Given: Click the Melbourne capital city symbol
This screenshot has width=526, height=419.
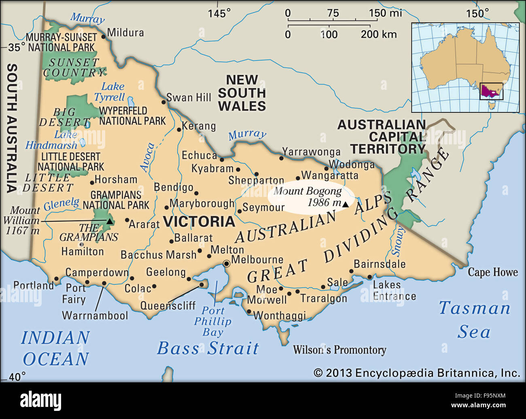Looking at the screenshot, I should tap(227, 264).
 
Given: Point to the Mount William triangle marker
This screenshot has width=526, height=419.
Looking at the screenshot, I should tap(109, 221).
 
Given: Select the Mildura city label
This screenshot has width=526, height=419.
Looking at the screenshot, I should tap(125, 32).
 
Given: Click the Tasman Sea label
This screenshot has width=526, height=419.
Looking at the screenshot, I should tap(475, 320).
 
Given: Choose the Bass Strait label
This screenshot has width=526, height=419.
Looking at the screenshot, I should tap(208, 348).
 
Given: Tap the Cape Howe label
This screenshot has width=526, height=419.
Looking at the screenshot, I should tap(492, 272).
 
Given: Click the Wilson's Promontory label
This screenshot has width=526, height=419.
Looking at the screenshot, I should tap(339, 350).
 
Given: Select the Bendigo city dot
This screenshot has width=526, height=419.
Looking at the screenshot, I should tap(196, 193).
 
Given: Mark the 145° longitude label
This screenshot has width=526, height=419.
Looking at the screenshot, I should tap(219, 13).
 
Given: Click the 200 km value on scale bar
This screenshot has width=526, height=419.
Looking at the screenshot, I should tap(379, 34).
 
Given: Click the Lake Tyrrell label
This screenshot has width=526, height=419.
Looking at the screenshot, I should tap(110, 92).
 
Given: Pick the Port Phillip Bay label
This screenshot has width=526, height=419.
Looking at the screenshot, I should tap(212, 322).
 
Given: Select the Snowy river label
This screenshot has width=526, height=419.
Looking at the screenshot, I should tap(398, 241).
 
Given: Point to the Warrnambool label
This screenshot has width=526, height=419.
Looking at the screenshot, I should tap(95, 315).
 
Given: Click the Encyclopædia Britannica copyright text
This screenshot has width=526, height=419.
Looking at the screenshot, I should tap(417, 373).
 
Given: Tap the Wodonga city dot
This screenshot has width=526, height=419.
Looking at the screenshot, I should tap(327, 169).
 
